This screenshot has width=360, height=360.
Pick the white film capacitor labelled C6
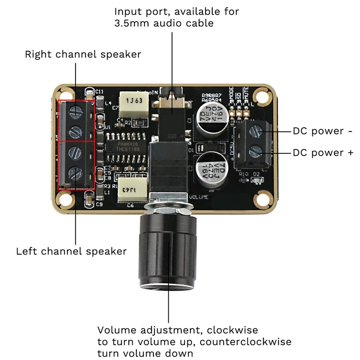click(133, 190)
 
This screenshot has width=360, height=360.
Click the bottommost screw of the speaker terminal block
click(75, 173)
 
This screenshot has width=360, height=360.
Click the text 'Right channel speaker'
click(83, 54)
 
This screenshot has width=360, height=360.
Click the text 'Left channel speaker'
click(71, 251)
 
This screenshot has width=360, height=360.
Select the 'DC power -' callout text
click(322, 131)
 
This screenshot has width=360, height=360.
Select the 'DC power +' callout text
click(323, 153)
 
